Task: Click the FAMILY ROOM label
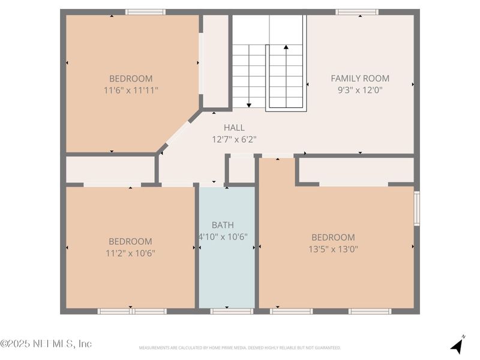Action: pyautogui.click(x=360, y=78)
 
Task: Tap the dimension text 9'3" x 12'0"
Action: pyautogui.click(x=360, y=90)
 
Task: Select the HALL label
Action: pyautogui.click(x=234, y=127)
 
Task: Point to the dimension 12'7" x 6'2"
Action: pyautogui.click(x=234, y=139)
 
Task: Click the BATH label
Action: pyautogui.click(x=223, y=225)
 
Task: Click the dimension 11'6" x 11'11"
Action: pyautogui.click(x=131, y=90)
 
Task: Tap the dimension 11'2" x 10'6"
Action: pyautogui.click(x=131, y=253)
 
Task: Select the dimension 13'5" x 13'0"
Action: pyautogui.click(x=333, y=249)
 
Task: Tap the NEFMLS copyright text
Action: pyautogui.click(x=46, y=344)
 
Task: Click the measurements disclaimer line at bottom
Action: pyautogui.click(x=240, y=348)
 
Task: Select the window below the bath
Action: pyautogui.click(x=232, y=311)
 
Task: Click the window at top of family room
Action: pyautogui.click(x=356, y=11)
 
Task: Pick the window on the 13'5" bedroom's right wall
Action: pyautogui.click(x=416, y=208)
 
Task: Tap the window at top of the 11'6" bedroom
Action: pyautogui.click(x=145, y=11)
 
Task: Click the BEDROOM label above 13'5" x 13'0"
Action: pyautogui.click(x=333, y=237)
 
